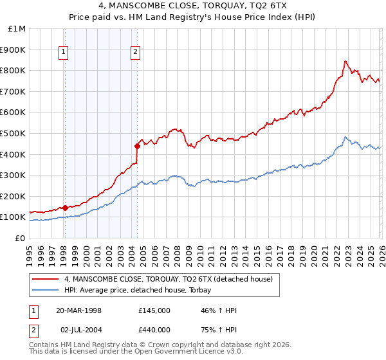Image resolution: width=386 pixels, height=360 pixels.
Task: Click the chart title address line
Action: [192, 6]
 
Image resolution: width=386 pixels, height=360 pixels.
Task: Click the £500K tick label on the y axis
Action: [14, 133]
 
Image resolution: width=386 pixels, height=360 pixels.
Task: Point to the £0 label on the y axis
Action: [19, 238]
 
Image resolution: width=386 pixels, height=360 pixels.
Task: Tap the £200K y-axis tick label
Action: [14, 196]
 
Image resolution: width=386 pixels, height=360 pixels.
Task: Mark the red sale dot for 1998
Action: [65, 208]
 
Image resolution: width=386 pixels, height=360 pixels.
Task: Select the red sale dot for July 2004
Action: [137, 146]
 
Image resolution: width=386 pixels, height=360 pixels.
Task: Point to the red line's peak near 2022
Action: [345, 61]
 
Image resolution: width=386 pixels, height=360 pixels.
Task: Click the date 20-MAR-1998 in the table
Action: [83, 310]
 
